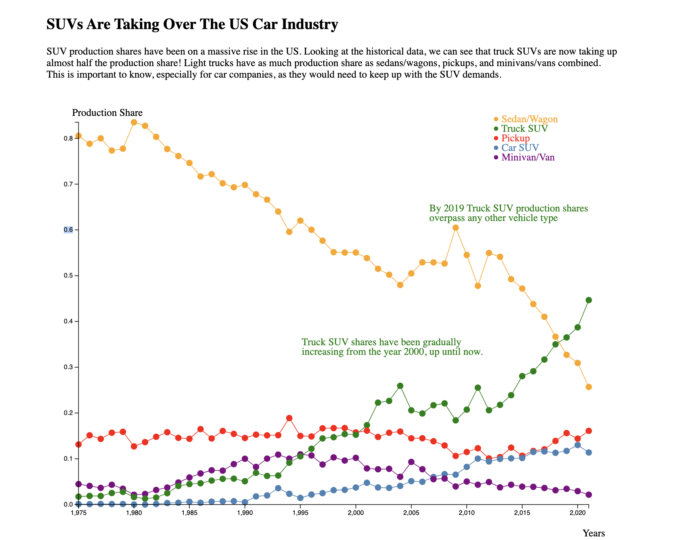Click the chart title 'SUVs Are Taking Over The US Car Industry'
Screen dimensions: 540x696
click(192, 25)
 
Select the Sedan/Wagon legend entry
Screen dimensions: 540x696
click(529, 119)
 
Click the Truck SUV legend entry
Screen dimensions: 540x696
click(524, 129)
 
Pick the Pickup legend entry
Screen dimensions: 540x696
click(515, 138)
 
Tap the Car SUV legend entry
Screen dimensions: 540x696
click(520, 148)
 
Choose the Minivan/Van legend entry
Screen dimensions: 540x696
click(527, 157)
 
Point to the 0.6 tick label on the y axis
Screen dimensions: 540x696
click(68, 230)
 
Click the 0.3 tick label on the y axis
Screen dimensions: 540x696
click(68, 367)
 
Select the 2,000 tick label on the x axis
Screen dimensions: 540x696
click(356, 512)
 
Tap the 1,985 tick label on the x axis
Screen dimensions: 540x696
click(189, 512)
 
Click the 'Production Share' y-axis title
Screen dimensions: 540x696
click(107, 113)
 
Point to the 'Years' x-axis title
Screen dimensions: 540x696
click(594, 533)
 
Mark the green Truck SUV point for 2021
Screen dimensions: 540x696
click(589, 300)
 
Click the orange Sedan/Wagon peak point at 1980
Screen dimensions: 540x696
click(134, 122)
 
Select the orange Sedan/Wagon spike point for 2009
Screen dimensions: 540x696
click(456, 228)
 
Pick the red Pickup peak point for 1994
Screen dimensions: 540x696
click(289, 418)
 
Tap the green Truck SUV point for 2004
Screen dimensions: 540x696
click(400, 386)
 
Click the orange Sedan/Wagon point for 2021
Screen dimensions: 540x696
click(589, 387)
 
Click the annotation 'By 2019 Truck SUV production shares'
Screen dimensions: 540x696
click(508, 209)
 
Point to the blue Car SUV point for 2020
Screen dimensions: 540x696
click(578, 445)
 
